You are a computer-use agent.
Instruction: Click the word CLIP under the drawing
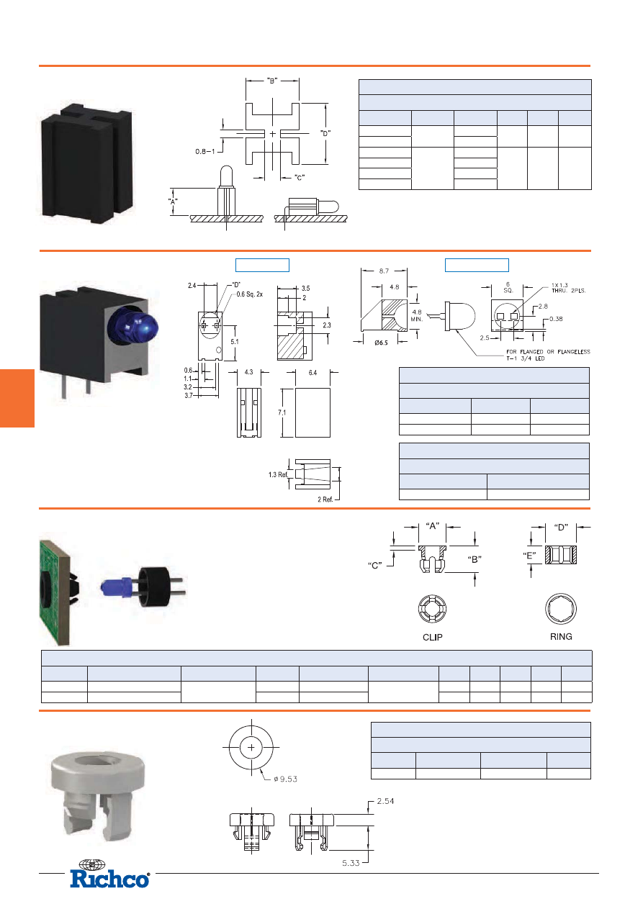point(432,637)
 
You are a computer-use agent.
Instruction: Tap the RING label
point(561,636)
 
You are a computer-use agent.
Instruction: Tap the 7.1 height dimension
point(282,412)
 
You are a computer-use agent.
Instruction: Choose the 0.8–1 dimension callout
point(207,152)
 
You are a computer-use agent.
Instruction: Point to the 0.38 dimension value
point(557,318)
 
